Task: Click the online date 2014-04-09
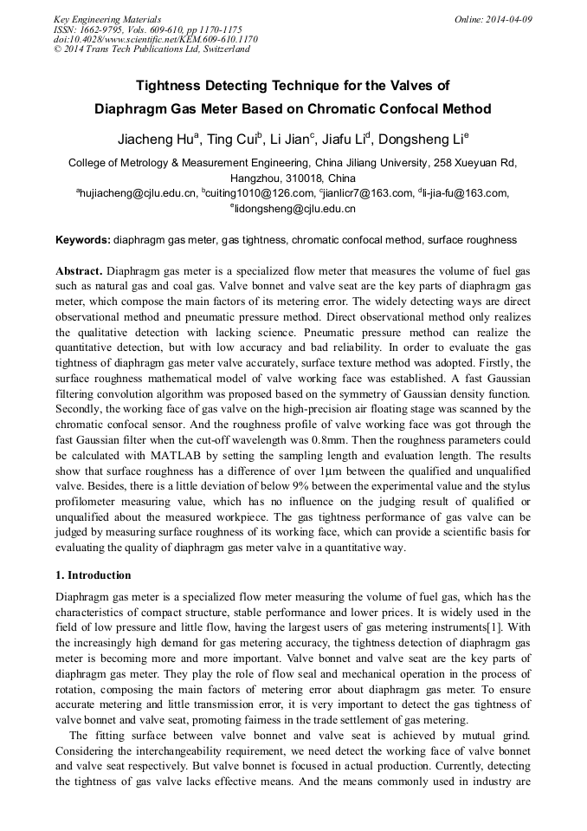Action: click(509, 19)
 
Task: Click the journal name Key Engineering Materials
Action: click(107, 19)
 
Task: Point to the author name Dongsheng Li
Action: click(423, 139)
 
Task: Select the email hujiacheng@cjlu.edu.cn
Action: click(138, 193)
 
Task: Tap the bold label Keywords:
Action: click(83, 240)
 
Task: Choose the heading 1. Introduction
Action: click(94, 575)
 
